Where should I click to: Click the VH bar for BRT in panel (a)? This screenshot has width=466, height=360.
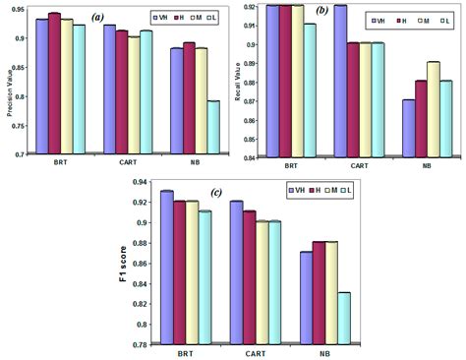41,86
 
